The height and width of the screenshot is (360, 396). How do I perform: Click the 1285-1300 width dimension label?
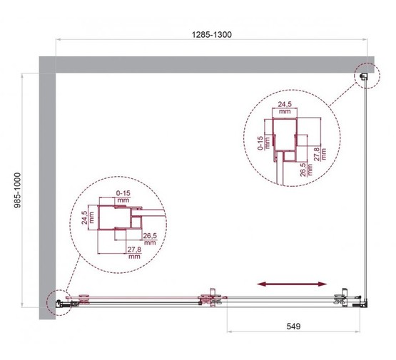[x=212, y=34]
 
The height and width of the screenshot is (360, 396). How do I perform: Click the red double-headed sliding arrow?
[x=288, y=284]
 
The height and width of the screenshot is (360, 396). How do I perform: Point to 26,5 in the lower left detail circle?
[x=150, y=239]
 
